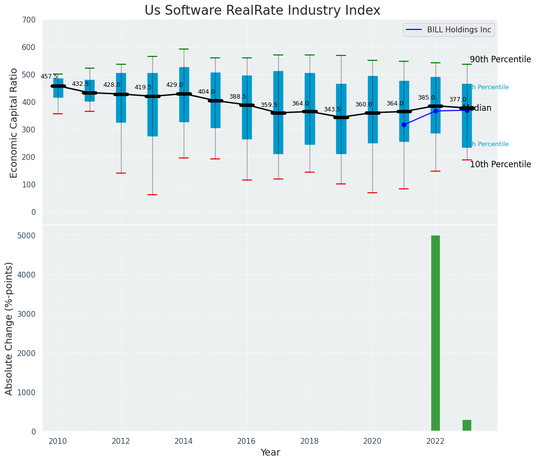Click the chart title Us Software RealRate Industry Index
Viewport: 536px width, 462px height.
[x=262, y=11]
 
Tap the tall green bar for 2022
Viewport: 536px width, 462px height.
[x=435, y=333]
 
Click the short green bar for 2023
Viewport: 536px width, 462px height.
[x=466, y=425]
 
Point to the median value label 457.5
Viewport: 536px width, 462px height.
[x=49, y=77]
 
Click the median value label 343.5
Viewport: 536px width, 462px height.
[x=332, y=109]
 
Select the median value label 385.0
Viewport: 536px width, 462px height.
[x=426, y=98]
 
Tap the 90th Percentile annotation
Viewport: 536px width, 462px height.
[x=500, y=59]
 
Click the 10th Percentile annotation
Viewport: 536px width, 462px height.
[x=500, y=164]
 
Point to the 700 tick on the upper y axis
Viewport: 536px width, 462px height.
[x=29, y=20]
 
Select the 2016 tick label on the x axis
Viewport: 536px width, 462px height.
[x=246, y=441]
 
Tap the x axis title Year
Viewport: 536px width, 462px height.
[x=270, y=453]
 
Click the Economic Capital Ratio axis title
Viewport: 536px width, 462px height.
[x=14, y=123]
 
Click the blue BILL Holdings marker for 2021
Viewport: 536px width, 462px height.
[x=404, y=125]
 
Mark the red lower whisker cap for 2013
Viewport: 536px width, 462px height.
[x=152, y=195]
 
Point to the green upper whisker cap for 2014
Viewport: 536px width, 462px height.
[x=184, y=49]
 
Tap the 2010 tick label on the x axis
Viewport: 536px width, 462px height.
[x=58, y=441]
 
